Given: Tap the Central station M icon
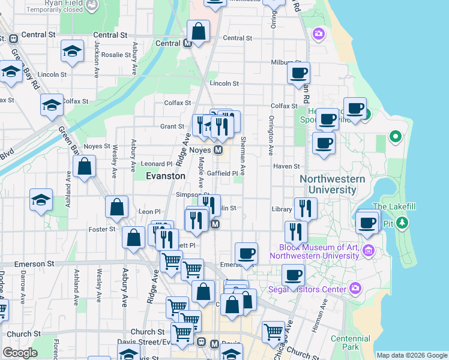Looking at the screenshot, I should click(187, 43).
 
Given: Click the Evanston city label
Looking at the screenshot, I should click(166, 176).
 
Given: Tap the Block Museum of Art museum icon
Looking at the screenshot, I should click(369, 250).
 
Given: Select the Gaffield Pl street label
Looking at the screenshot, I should click(223, 173).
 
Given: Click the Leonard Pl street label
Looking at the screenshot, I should click(156, 164).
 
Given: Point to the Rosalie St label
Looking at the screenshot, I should click(116, 55).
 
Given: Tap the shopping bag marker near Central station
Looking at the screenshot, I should click(198, 31).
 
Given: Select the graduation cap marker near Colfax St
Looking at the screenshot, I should click(52, 105).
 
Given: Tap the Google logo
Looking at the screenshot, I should click(20, 353).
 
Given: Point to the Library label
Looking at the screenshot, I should click(282, 209).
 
